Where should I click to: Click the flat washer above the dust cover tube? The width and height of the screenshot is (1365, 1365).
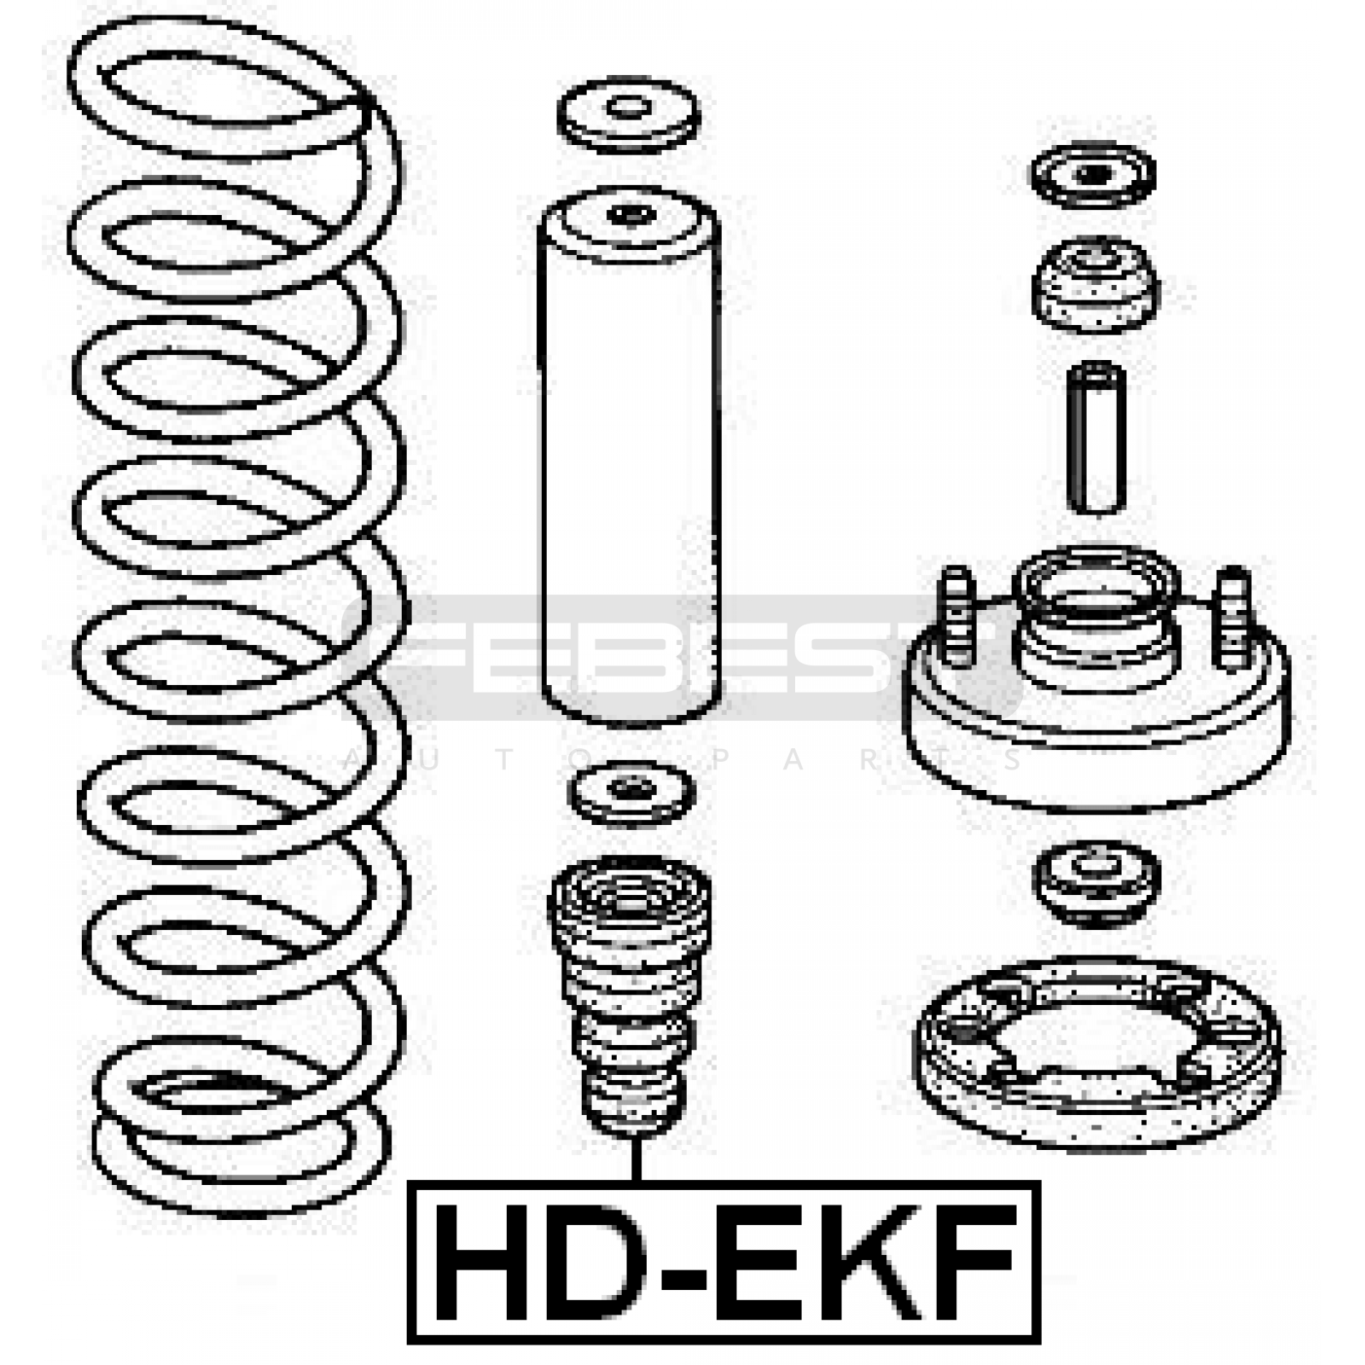[x=629, y=116]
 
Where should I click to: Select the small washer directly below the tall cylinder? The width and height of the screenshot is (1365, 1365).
[x=630, y=793]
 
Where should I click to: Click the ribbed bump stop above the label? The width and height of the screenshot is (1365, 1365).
[x=630, y=995]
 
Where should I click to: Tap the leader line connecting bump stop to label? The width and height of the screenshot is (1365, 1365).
[x=635, y=1159]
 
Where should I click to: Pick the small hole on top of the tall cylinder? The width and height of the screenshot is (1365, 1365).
[x=629, y=214]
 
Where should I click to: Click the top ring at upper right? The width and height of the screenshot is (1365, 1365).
[x=1093, y=176]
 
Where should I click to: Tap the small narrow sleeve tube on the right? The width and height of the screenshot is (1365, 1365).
[x=1097, y=439]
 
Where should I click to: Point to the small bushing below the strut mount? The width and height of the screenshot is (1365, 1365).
[x=1096, y=886]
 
